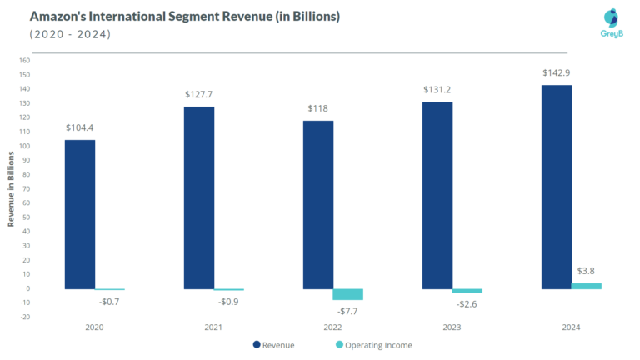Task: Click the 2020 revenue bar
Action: pos(80,214)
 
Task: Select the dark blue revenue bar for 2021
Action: pos(199,197)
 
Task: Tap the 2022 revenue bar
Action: pos(317,205)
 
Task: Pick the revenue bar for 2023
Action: pos(437,195)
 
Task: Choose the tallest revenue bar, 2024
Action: pos(556,187)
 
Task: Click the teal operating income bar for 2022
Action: pos(347,294)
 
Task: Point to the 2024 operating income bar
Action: pos(586,286)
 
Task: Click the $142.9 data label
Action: pos(556,73)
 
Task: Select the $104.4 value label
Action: pos(80,127)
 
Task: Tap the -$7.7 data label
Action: pos(347,311)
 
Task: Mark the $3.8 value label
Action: pos(586,271)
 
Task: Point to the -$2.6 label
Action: pos(467,304)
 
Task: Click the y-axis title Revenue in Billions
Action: pos(11,188)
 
